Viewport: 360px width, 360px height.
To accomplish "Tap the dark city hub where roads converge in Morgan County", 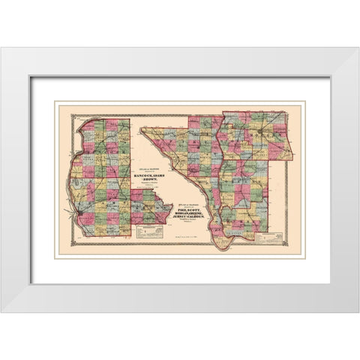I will (x=259, y=133).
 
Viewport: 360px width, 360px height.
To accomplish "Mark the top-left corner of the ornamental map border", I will (x=59, y=105).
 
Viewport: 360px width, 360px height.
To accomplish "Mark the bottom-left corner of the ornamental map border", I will (x=59, y=253).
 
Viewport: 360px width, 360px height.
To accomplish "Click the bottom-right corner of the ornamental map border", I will (x=301, y=253).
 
